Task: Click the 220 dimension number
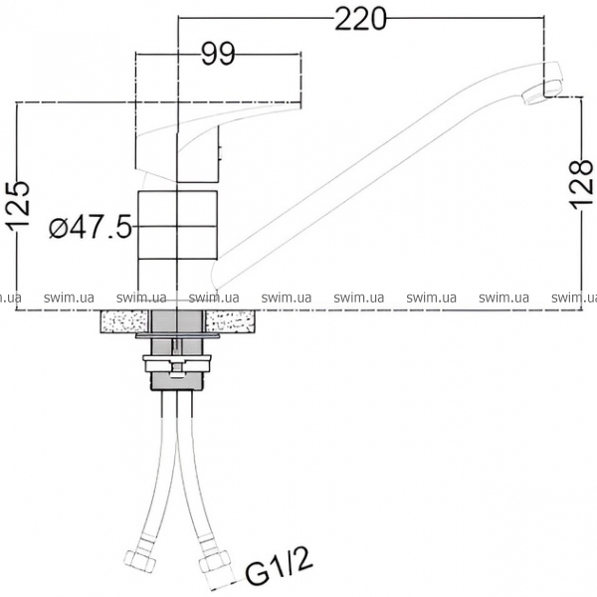tap(360, 19)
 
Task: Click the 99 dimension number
tap(218, 55)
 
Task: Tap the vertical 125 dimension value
tap(18, 206)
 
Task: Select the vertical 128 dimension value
tap(581, 185)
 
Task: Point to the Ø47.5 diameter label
tap(91, 227)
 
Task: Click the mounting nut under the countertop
tap(177, 363)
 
